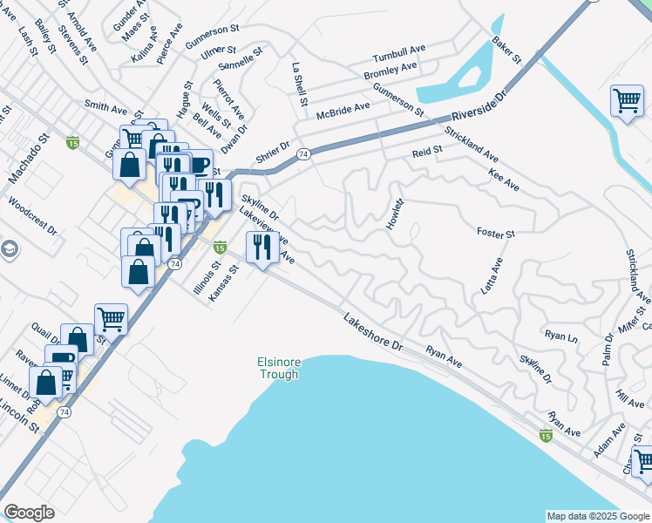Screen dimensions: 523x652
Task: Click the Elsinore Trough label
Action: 278,368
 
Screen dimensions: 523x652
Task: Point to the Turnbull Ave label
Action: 399,50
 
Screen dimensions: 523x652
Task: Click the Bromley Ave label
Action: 391,69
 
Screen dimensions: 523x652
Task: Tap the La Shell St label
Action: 300,85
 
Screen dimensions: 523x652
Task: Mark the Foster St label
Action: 496,234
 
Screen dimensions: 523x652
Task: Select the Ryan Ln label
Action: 560,336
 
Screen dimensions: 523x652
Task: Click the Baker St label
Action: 506,52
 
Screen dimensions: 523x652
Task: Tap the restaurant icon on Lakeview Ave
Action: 262,248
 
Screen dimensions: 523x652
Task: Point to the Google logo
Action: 29,513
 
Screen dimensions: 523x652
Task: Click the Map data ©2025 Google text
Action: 597,516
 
